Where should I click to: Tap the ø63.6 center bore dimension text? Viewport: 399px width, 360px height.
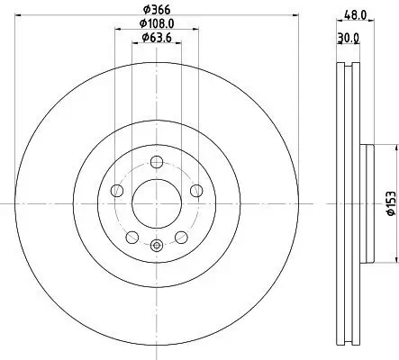point(158,38)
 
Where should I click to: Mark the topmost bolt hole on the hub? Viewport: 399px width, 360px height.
point(158,162)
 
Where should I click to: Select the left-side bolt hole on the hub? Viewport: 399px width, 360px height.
point(117,191)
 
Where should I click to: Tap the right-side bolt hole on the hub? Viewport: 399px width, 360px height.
point(197,191)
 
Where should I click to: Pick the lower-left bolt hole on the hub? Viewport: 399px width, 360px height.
point(132,237)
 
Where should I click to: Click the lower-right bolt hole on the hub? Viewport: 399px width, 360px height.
point(182,237)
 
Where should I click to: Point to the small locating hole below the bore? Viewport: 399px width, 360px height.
point(158,245)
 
